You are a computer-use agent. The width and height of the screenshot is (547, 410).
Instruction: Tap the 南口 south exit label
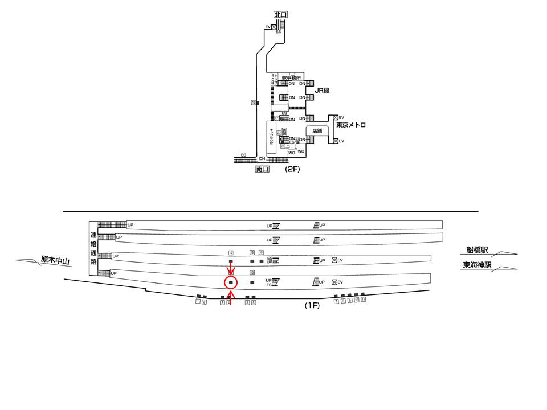262,169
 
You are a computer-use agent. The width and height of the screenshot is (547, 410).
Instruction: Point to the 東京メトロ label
350,125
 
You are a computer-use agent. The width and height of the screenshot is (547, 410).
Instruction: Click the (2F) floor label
292,169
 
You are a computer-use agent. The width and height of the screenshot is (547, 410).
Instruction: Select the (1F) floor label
312,305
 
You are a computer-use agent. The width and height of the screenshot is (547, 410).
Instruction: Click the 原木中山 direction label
55,261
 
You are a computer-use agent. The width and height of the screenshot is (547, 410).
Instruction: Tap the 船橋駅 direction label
477,250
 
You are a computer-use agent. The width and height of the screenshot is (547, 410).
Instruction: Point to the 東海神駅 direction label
477,265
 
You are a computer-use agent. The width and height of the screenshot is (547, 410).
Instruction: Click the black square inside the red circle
231,282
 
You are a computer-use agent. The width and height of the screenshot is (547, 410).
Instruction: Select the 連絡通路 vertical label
93,248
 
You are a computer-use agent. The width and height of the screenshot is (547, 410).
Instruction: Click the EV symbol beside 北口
273,27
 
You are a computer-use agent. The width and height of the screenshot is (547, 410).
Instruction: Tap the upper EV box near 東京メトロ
336,118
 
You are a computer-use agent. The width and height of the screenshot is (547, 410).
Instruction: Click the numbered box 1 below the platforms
198,302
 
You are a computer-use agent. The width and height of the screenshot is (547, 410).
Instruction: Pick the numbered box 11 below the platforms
363,300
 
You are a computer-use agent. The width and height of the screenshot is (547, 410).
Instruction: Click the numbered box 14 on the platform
231,252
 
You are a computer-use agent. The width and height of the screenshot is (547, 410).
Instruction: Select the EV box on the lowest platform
334,282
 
